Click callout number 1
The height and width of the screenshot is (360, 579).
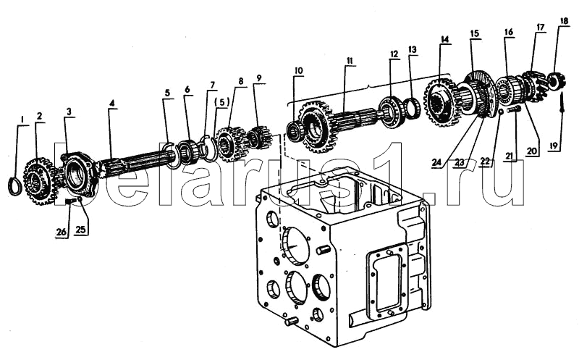point(22,118)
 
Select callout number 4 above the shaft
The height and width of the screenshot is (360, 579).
point(111,103)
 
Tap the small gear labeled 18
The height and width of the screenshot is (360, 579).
point(557,80)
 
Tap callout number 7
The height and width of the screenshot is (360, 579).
point(213,85)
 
